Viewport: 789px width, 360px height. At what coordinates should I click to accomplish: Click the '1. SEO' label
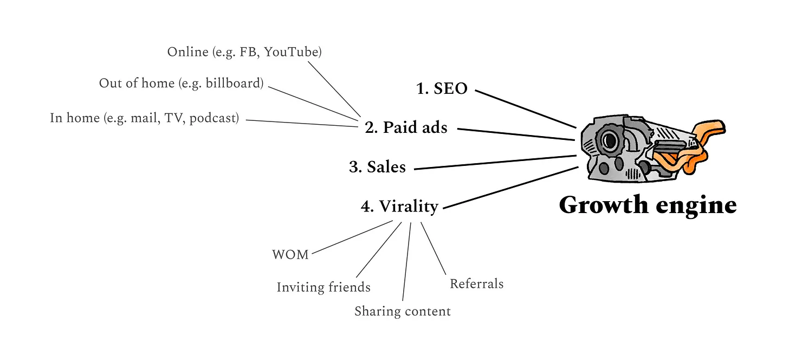tap(442, 88)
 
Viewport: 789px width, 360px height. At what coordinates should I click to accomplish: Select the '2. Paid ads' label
tap(406, 127)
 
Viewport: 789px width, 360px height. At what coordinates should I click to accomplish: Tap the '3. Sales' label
tap(377, 167)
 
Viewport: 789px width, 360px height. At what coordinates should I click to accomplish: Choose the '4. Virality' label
tap(399, 207)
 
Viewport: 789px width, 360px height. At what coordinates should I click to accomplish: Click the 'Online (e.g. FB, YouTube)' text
tap(244, 52)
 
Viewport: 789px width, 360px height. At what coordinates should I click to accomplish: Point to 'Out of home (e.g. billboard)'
tap(181, 83)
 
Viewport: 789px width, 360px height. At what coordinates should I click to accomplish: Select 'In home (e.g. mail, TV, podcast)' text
tap(144, 118)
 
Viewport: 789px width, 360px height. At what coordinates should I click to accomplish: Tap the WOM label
tap(290, 255)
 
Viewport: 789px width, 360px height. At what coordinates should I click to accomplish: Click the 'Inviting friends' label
tap(324, 287)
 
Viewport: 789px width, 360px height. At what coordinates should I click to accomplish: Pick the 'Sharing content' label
tap(402, 312)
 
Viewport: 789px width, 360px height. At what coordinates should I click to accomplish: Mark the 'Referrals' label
tap(476, 284)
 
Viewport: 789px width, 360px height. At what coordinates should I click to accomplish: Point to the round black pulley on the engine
tap(610, 141)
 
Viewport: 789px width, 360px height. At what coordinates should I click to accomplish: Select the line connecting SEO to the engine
tap(525, 108)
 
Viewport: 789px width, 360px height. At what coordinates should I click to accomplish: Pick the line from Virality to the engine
tap(509, 188)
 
